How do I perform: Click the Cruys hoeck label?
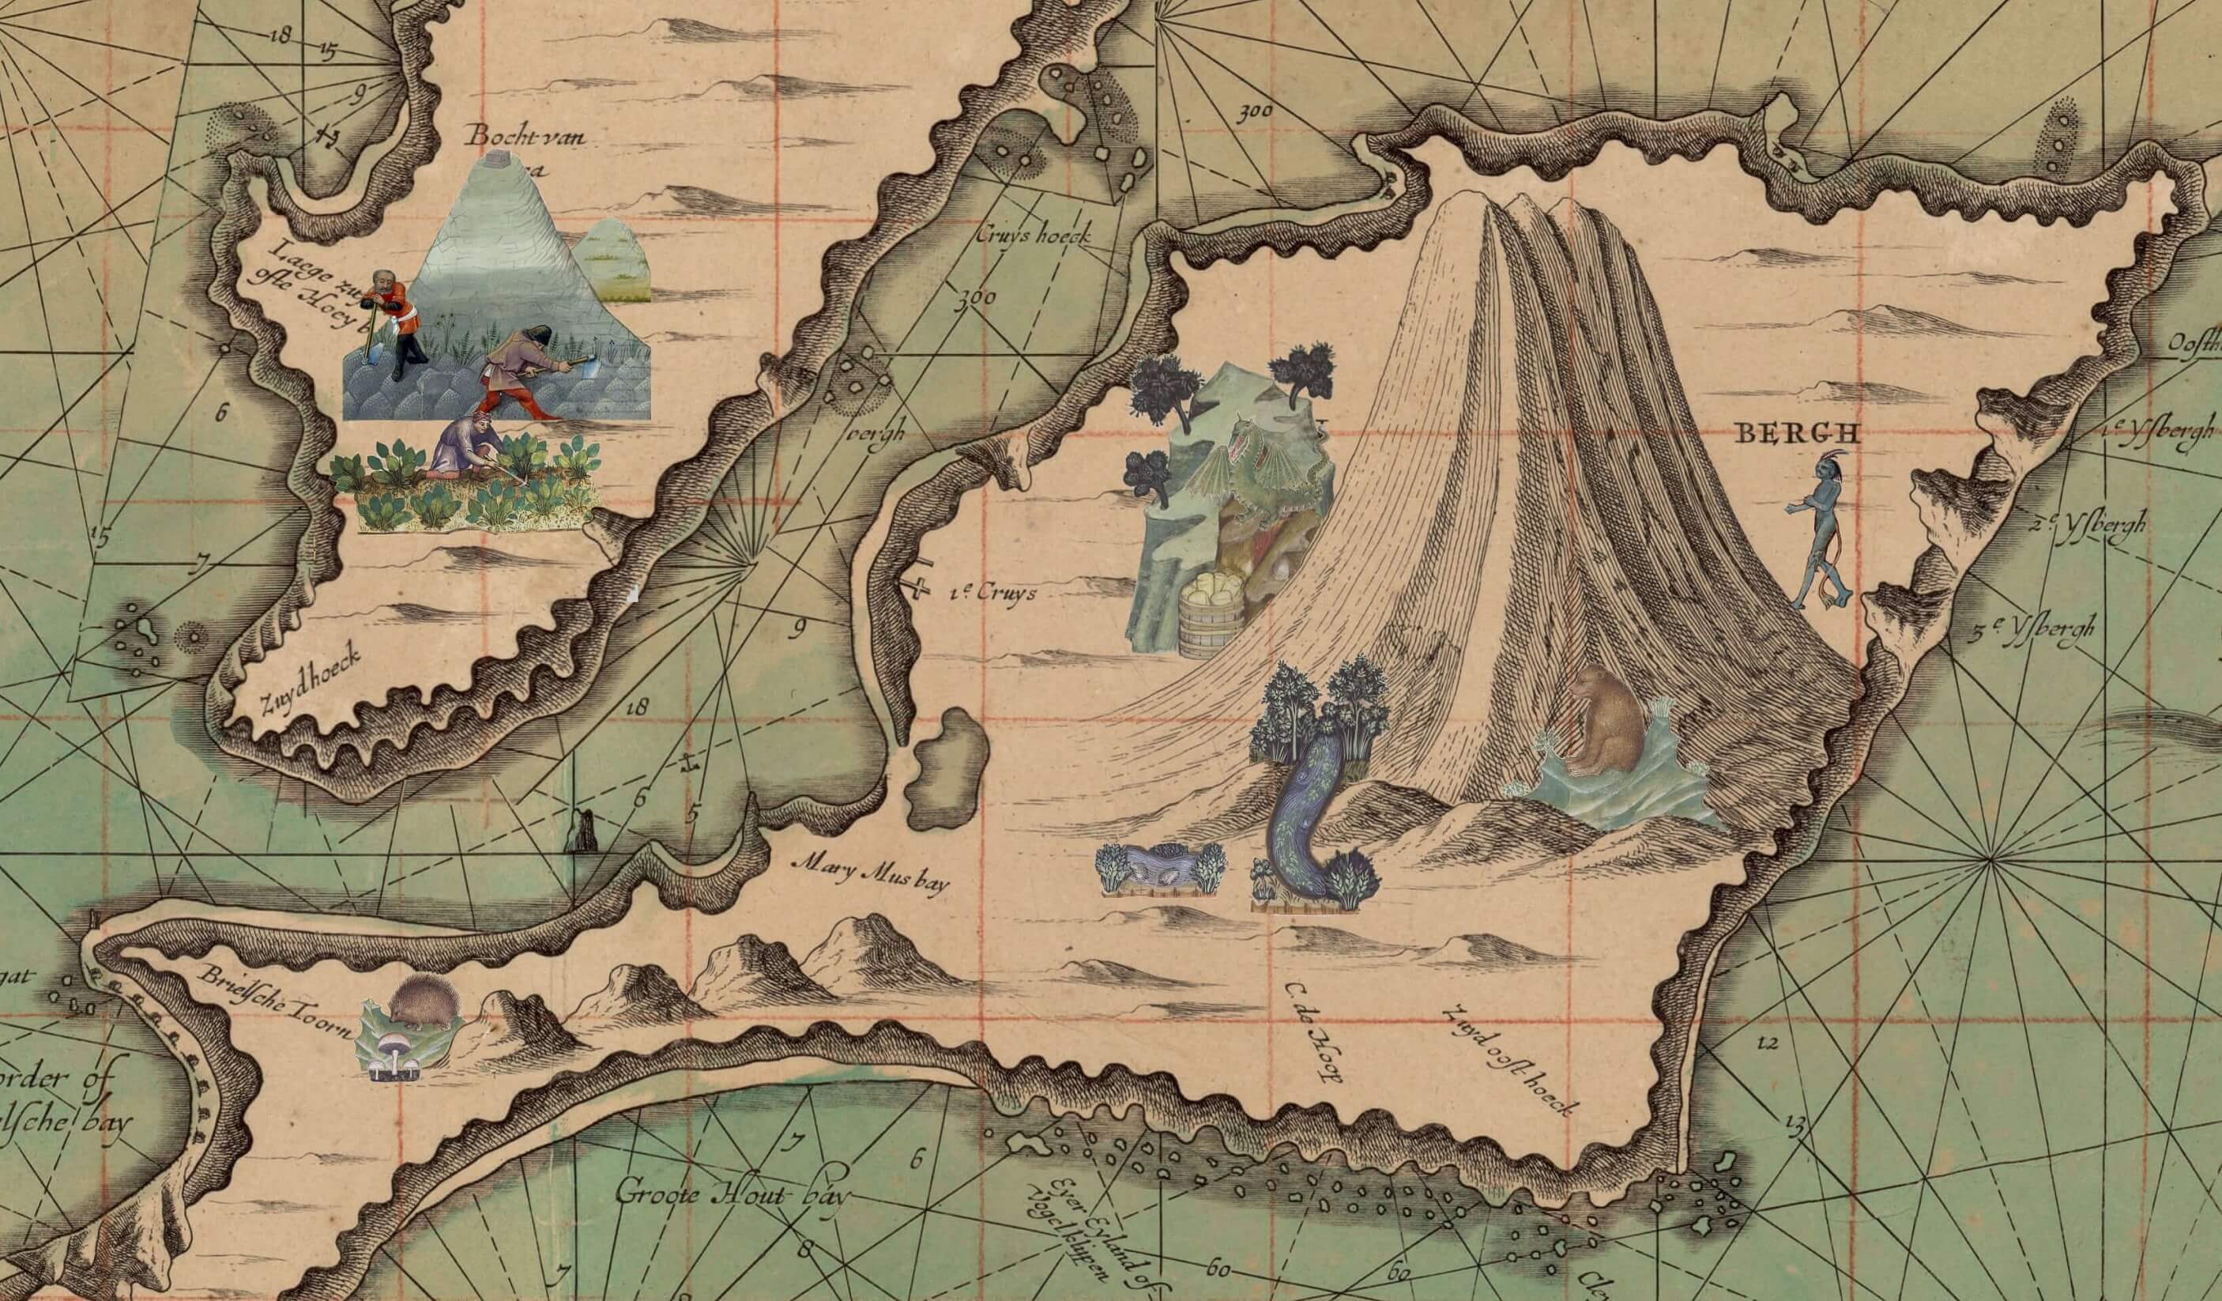pyautogui.click(x=1034, y=236)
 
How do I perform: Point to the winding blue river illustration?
pyautogui.click(x=1296, y=812)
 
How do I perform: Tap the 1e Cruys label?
pyautogui.click(x=994, y=593)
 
